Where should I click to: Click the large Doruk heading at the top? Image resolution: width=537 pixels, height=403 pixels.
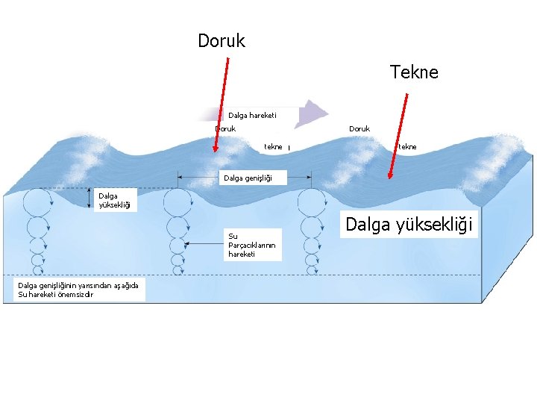[222, 40]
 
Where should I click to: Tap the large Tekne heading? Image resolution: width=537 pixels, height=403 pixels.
[414, 72]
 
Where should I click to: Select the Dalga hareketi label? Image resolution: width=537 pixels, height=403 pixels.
[252, 115]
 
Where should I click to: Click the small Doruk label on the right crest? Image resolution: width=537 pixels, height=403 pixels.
[359, 128]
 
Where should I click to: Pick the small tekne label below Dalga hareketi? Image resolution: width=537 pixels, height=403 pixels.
[273, 146]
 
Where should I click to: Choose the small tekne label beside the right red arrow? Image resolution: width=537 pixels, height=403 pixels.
[407, 146]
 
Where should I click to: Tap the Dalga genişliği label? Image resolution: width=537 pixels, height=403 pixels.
[245, 178]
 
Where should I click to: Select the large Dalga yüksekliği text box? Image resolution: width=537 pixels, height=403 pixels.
[409, 225]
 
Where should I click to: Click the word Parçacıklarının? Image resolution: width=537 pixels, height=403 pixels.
[251, 245]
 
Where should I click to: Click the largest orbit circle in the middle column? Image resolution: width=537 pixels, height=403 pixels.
[178, 201]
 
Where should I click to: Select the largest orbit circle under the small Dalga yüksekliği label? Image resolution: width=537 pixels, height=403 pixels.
[36, 201]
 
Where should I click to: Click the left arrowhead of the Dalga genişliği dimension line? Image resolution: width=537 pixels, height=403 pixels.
[180, 177]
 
